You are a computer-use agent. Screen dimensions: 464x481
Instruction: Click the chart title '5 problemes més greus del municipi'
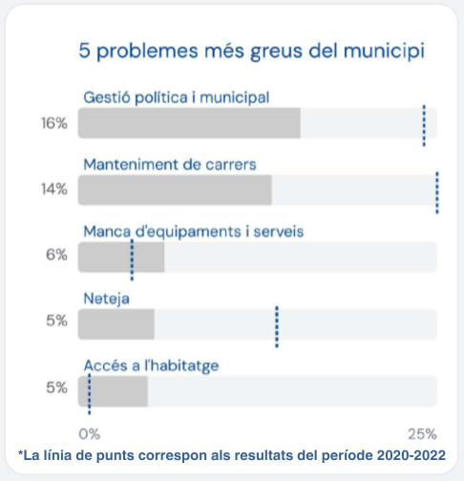(x=252, y=51)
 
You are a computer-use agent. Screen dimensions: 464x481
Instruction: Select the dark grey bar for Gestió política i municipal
(x=189, y=123)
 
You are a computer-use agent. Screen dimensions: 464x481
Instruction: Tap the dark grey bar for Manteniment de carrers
(x=175, y=190)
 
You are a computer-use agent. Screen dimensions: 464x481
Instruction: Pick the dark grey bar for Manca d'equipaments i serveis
(x=121, y=257)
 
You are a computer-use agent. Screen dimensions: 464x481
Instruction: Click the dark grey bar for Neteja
(x=116, y=324)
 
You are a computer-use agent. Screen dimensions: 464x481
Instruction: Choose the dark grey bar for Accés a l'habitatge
(x=113, y=391)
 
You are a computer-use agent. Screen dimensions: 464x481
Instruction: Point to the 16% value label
(x=54, y=123)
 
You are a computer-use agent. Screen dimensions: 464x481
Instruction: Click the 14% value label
(x=54, y=189)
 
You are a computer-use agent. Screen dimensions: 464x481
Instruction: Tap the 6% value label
(x=56, y=255)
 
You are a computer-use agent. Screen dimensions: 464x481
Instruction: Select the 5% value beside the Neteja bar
(x=56, y=321)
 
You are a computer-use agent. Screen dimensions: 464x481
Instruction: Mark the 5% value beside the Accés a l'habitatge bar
(x=56, y=387)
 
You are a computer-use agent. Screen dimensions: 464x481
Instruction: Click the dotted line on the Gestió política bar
(x=424, y=126)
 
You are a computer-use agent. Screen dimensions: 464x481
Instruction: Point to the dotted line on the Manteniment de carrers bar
(x=437, y=193)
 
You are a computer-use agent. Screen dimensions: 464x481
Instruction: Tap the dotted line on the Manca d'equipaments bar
(x=132, y=260)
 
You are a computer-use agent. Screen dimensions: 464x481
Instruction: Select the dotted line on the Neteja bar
(x=277, y=326)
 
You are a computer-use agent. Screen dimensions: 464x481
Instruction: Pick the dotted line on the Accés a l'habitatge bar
(x=90, y=394)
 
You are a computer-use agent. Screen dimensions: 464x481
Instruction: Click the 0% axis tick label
(x=90, y=434)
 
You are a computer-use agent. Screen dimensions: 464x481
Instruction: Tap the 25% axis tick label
(x=422, y=434)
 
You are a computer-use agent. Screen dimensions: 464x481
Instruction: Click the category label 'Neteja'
(x=107, y=299)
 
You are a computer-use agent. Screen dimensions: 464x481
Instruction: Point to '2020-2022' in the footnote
(x=411, y=455)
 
